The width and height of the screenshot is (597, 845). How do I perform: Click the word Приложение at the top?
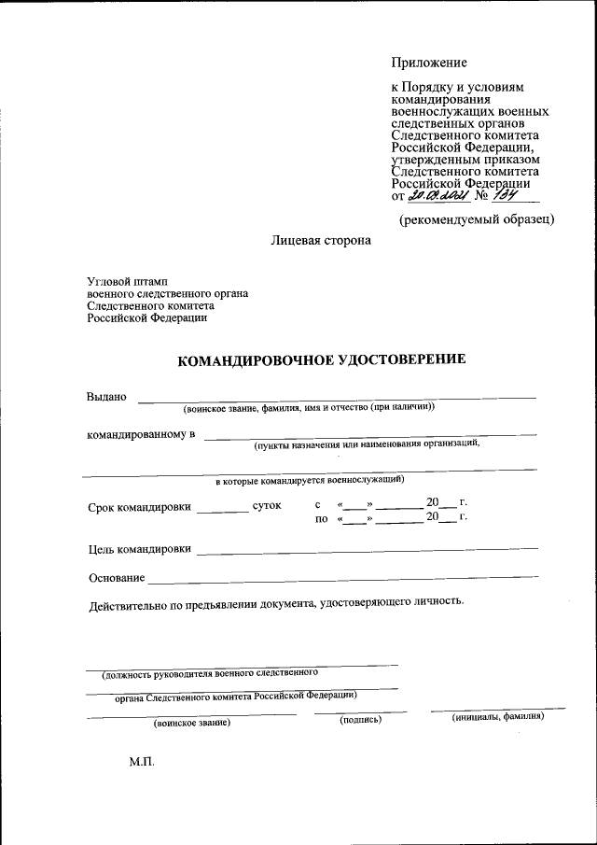coord(428,63)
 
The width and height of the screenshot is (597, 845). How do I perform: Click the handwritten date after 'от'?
coord(436,195)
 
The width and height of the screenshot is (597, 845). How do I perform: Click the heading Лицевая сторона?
coord(320,240)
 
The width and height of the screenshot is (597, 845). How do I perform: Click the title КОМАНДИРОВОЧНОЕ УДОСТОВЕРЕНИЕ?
coord(321,359)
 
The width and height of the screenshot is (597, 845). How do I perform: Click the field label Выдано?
coord(105,396)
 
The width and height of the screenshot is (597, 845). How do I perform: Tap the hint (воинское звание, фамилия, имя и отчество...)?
coord(309,408)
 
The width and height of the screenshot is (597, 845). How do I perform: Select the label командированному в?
coord(141,434)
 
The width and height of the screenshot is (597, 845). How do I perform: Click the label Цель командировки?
coord(140,549)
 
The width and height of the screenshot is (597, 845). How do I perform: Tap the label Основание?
coord(117,578)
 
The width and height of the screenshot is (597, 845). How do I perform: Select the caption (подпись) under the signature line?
coord(361,719)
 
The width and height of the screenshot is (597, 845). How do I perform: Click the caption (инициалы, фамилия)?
coord(497,717)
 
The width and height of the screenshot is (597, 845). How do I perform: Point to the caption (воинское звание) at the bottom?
coord(192,722)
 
